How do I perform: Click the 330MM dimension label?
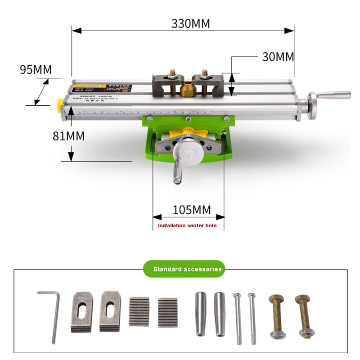coord(190,23)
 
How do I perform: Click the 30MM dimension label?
coord(278,57)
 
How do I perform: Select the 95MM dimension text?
coord(36,70)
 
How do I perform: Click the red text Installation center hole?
coord(187,225)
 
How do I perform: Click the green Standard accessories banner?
coord(187,269)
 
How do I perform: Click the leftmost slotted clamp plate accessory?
coord(81,312)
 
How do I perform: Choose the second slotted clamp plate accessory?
coord(111,311)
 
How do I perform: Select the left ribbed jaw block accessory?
coord(139,311)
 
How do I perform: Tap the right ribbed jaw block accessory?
coord(167,311)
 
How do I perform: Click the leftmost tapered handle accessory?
coord(201,314)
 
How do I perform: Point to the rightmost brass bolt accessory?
coord(305,316)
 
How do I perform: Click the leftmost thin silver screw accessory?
coord(237,318)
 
